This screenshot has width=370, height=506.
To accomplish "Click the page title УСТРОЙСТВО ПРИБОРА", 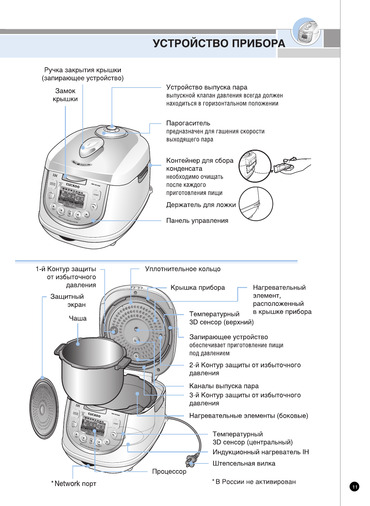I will click(219, 43).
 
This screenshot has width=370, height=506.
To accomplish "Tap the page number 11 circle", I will click(355, 486).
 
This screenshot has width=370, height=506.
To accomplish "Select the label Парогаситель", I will click(188, 123).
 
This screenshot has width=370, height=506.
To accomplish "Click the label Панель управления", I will click(197, 221).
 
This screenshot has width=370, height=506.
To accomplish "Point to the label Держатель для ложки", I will click(201, 205).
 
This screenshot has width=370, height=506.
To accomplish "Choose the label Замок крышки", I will click(65, 95).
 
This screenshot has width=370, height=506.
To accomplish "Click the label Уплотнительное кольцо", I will click(183, 269).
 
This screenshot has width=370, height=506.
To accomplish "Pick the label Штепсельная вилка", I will click(244, 463).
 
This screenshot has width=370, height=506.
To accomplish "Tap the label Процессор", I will click(169, 472).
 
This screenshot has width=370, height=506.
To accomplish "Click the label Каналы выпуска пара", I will click(224, 386).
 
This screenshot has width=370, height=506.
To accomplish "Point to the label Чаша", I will click(78, 318).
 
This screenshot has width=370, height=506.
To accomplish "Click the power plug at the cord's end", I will click(191, 460).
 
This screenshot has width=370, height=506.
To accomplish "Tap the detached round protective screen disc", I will click(43, 408).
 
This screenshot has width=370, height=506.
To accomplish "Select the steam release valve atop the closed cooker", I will click(112, 129).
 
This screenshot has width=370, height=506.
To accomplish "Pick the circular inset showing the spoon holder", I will click(256, 204).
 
